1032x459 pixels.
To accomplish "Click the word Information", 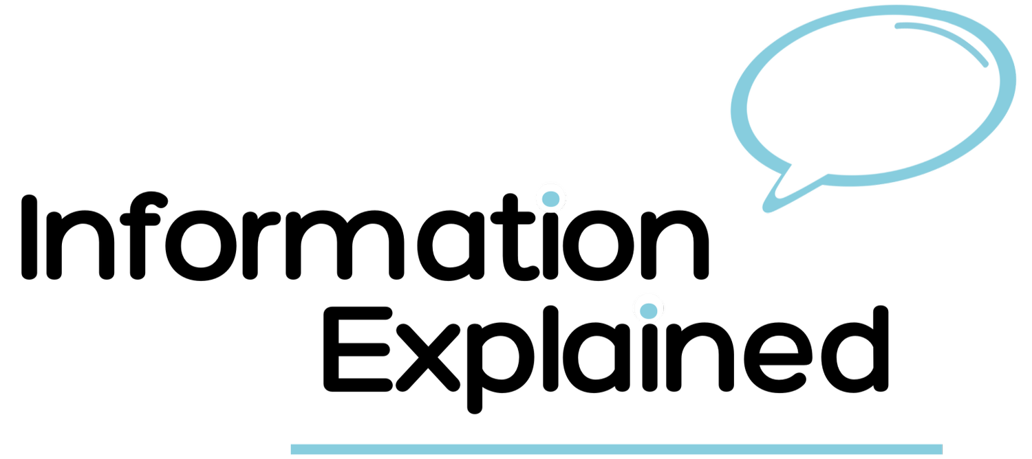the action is (x=365, y=236).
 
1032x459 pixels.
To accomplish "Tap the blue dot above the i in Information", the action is (x=551, y=199).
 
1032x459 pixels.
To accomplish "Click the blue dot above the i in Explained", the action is (x=649, y=311).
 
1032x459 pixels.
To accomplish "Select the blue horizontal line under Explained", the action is (x=616, y=449).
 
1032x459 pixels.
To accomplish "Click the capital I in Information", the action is (x=30, y=236).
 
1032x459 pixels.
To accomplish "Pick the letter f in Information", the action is (x=143, y=236).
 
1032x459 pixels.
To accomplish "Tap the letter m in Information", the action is (x=345, y=245).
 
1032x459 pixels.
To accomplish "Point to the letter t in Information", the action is (x=513, y=236).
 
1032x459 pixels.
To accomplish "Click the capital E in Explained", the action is (x=358, y=349).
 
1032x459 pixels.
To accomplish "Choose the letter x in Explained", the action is (x=428, y=357).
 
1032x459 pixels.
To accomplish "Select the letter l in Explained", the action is (x=551, y=349).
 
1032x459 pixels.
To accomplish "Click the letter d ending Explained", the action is (x=855, y=349).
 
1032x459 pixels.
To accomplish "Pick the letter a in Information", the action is (x=451, y=245).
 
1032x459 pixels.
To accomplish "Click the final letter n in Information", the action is (x=675, y=245).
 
